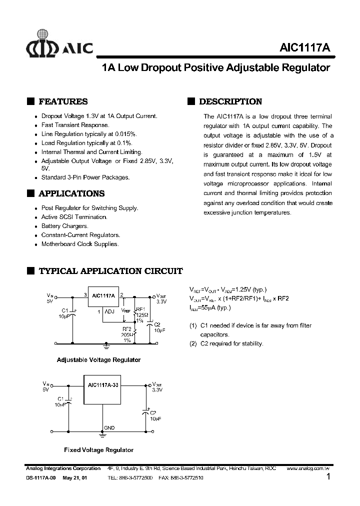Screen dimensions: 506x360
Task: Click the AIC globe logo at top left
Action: (42, 43)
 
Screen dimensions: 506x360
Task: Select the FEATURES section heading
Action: (63, 101)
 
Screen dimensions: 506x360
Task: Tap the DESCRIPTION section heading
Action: (230, 101)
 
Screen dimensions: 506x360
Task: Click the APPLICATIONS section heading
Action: (71, 193)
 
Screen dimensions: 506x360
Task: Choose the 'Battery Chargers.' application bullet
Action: (64, 226)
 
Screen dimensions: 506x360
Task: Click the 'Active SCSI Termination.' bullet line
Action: (74, 217)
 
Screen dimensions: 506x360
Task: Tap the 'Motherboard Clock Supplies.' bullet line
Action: (79, 244)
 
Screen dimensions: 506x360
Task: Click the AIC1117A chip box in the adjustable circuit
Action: (103, 296)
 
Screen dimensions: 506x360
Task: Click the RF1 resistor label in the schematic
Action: (140, 309)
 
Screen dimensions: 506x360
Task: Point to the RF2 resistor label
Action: (126, 329)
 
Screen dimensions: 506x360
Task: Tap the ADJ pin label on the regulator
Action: (109, 311)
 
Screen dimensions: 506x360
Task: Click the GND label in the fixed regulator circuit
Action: (109, 428)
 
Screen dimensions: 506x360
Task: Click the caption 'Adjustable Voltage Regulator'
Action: (98, 360)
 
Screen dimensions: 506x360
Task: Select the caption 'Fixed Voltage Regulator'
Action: (98, 450)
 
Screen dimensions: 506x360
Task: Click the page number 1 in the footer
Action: (328, 477)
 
